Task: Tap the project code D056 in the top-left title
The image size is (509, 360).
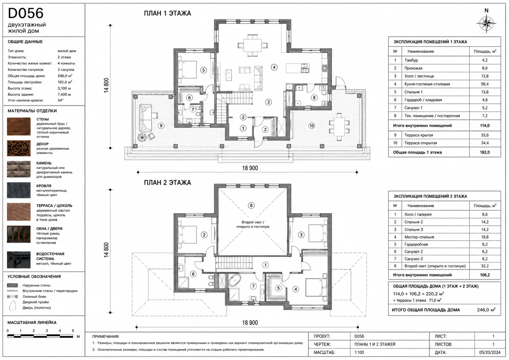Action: [26, 13]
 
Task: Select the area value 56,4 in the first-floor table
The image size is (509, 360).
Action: [485, 84]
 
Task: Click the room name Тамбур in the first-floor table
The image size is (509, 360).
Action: [411, 60]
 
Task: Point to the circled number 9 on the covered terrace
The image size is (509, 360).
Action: [161, 126]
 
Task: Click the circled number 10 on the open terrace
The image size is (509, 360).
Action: [312, 126]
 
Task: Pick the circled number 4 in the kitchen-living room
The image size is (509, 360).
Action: [274, 67]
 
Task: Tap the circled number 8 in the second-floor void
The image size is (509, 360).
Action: [251, 205]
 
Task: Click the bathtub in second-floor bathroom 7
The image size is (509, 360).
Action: [235, 280]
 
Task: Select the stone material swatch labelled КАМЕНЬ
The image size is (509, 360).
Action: [19, 169]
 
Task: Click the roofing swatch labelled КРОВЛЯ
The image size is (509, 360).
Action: [19, 190]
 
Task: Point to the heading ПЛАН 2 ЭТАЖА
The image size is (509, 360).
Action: [168, 183]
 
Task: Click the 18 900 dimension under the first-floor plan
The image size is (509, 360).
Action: [250, 168]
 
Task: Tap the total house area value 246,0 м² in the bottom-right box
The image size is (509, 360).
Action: [486, 310]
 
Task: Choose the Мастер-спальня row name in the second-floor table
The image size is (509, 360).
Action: [419, 237]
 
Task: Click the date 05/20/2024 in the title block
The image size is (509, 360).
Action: [490, 352]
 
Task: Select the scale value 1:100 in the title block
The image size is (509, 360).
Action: [359, 352]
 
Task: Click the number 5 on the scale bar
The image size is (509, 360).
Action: [73, 331]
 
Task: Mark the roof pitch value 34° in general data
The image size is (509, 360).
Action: [60, 100]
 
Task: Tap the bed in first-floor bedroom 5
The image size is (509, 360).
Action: [187, 70]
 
